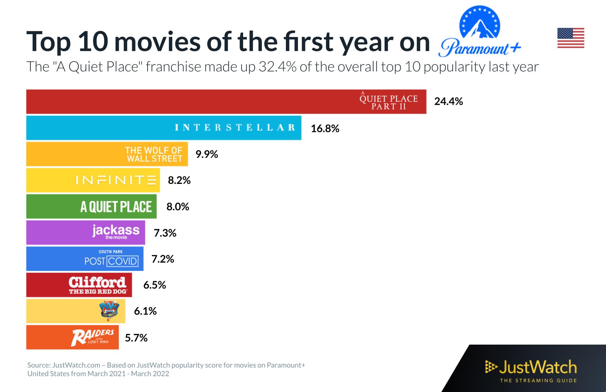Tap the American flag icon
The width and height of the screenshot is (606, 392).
click(x=571, y=38)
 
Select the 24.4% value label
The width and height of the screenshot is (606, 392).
click(x=448, y=102)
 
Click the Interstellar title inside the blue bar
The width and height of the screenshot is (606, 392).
click(x=235, y=128)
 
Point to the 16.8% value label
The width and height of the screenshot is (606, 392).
click(x=325, y=128)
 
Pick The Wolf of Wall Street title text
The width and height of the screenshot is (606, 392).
click(x=154, y=154)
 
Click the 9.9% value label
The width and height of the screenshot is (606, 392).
click(x=207, y=154)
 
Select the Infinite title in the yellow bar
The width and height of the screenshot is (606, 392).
click(x=116, y=180)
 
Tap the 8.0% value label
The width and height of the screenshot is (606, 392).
click(x=178, y=207)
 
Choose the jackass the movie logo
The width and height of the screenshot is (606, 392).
click(x=116, y=231)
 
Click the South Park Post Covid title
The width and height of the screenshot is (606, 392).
click(x=111, y=258)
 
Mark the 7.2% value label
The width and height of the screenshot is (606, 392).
click(x=163, y=259)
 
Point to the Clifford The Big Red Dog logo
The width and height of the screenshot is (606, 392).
click(x=97, y=285)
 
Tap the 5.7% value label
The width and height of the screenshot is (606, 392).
click(x=136, y=337)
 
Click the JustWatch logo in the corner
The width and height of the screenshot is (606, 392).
click(x=531, y=371)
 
